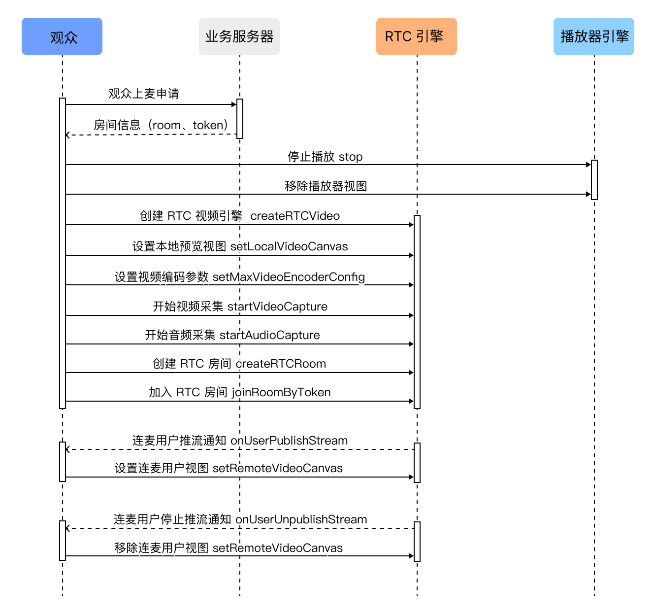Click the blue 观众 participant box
click(x=62, y=36)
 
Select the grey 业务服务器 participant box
click(x=239, y=36)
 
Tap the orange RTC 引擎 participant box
click(x=416, y=36)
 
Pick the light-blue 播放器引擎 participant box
click(x=593, y=36)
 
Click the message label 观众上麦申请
click(x=144, y=93)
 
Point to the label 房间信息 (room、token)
click(x=161, y=125)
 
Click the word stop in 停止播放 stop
click(x=350, y=157)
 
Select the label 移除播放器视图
click(x=326, y=186)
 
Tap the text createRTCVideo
click(x=294, y=216)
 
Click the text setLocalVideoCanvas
click(x=289, y=246)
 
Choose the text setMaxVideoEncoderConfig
click(x=289, y=277)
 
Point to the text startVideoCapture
click(x=277, y=307)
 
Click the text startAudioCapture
click(x=269, y=335)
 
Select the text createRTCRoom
click(x=281, y=364)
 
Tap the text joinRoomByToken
click(x=281, y=392)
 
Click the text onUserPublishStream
click(x=289, y=441)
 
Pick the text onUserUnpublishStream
click(x=301, y=519)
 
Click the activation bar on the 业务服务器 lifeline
click(x=240, y=119)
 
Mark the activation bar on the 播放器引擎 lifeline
click(x=594, y=179)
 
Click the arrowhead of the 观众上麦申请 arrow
click(x=234, y=104)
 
